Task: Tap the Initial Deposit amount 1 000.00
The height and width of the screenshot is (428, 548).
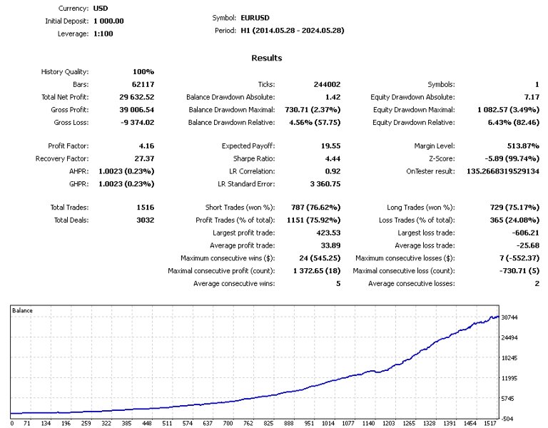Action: coord(108,21)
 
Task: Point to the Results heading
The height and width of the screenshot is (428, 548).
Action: coord(267,58)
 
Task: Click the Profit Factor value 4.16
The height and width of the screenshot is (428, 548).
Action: coord(145,145)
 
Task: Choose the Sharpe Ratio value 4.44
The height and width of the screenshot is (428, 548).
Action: coord(330,158)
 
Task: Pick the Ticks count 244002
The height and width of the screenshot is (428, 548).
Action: coord(327,84)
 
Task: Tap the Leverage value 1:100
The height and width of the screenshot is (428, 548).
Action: coord(103,34)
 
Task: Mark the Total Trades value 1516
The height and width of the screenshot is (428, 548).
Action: coord(143,207)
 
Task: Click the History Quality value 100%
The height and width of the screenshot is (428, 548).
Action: coord(143,71)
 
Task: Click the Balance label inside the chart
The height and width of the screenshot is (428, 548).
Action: coord(23,311)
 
